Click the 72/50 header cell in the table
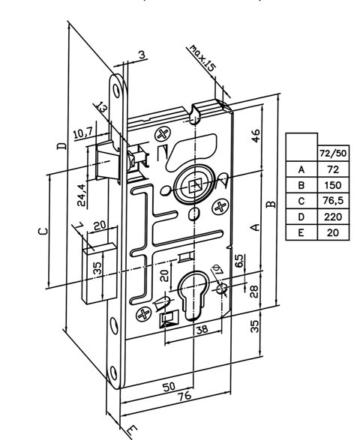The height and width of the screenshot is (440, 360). (333, 153)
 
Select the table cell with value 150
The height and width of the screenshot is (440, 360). (333, 185)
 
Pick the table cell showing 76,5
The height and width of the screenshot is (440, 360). (333, 201)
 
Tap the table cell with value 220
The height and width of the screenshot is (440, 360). (333, 217)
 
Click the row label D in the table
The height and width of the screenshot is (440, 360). (301, 217)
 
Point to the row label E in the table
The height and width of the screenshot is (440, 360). (301, 232)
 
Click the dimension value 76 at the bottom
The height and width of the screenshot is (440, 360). (184, 396)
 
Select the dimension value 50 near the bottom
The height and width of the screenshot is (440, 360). (169, 387)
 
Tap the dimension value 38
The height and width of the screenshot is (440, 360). (202, 329)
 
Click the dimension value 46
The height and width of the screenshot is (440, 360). (255, 136)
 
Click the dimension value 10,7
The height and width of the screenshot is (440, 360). (82, 133)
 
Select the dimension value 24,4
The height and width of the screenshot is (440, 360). (82, 195)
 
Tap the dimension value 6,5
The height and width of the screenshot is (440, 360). (239, 262)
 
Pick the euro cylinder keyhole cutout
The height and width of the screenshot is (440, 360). (192, 295)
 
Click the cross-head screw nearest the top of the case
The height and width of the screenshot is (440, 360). (163, 134)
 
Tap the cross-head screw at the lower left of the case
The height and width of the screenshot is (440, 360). (143, 314)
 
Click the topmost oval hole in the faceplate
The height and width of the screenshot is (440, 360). (116, 91)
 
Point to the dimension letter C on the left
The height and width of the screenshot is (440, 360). (43, 231)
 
